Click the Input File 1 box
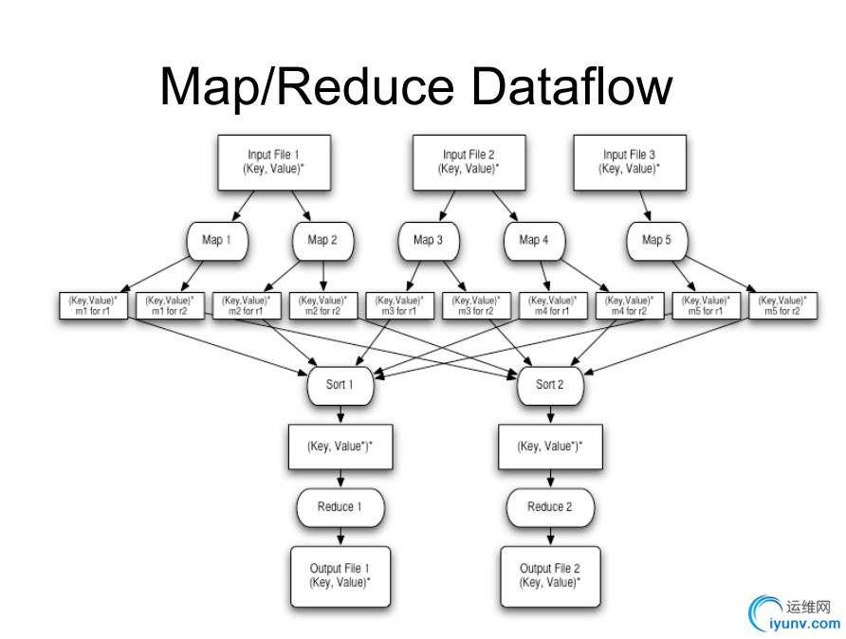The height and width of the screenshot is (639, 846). click(x=275, y=161)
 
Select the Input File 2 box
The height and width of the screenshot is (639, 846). click(x=469, y=161)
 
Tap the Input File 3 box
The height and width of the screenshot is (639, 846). click(x=629, y=161)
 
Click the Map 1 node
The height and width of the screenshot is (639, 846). click(x=217, y=241)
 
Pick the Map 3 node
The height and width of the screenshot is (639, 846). click(x=428, y=241)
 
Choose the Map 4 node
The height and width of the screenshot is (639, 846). click(x=534, y=241)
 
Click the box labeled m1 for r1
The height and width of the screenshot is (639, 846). click(x=93, y=305)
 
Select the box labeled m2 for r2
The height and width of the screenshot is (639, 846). click(x=322, y=305)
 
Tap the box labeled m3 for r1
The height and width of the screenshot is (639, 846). click(x=399, y=305)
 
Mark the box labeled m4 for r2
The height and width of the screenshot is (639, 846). click(x=629, y=305)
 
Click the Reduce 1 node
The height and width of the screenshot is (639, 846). click(x=340, y=507)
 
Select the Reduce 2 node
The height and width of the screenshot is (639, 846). click(x=550, y=507)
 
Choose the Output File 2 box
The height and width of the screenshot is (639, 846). click(x=550, y=575)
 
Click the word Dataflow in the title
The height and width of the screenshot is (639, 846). click(x=571, y=85)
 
